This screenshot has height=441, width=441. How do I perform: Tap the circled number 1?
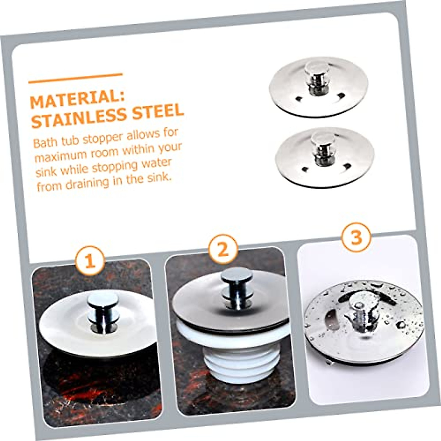click(x=90, y=261)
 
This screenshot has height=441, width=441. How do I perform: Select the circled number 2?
click(x=223, y=250)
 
